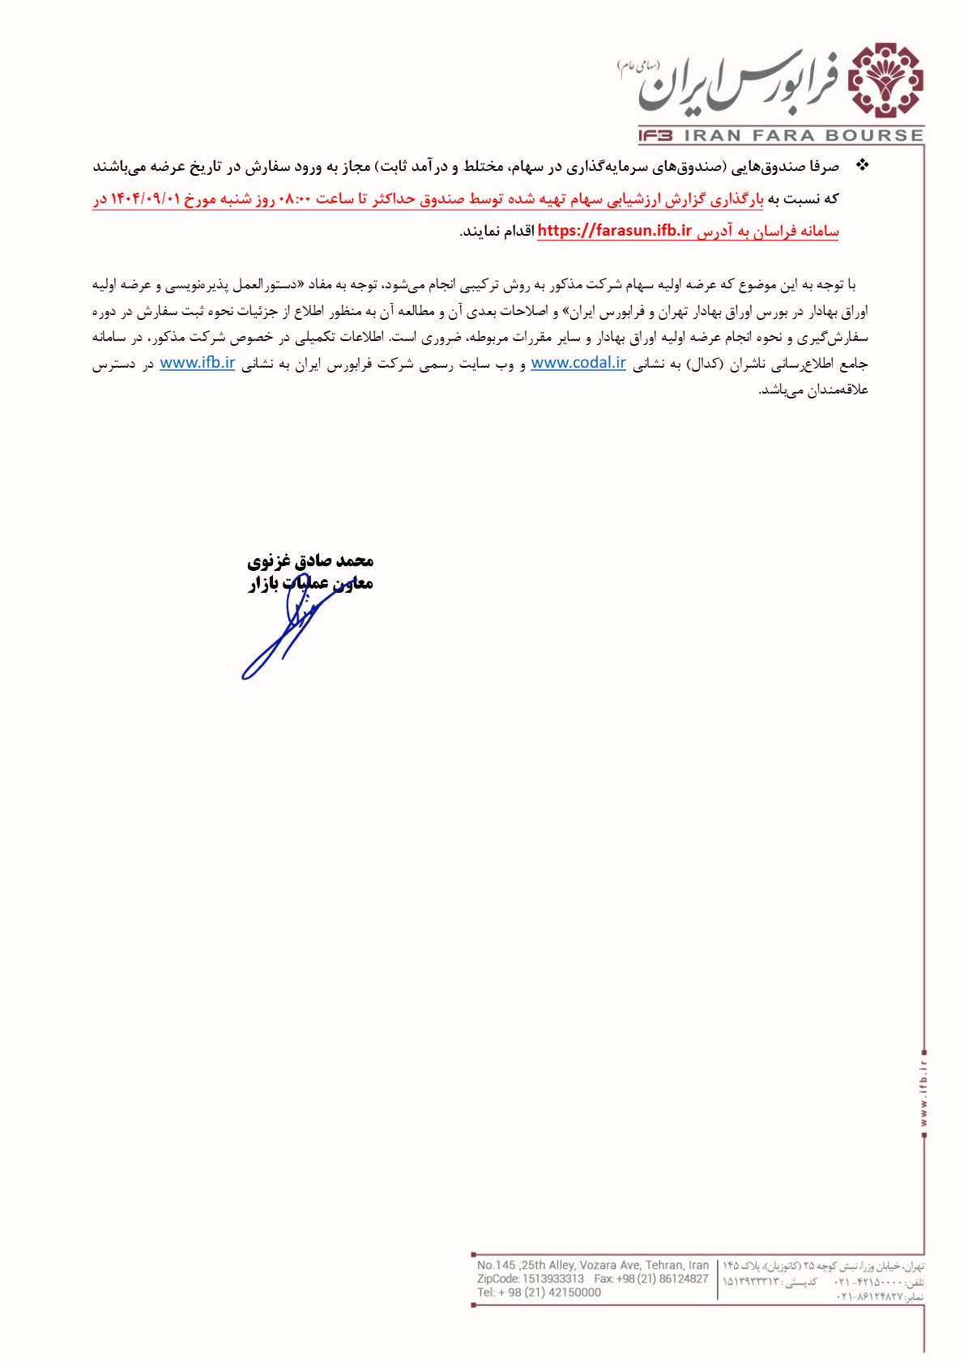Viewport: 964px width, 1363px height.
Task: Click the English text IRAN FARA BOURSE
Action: [x=804, y=136]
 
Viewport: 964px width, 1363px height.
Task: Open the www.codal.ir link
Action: [x=578, y=363]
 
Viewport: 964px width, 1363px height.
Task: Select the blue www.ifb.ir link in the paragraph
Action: [x=198, y=363]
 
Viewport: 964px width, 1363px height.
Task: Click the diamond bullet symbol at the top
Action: [x=862, y=165]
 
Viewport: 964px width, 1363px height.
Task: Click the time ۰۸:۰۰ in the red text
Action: [x=296, y=199]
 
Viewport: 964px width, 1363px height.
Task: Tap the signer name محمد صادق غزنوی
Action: [x=310, y=560]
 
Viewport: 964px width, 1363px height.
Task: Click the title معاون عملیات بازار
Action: [x=310, y=583]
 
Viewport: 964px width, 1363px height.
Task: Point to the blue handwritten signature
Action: [x=284, y=636]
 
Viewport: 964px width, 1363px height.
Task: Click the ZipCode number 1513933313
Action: [x=552, y=1279]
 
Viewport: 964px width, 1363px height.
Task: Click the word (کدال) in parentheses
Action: [x=700, y=364]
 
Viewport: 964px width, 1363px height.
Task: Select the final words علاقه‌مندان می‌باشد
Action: [x=813, y=390]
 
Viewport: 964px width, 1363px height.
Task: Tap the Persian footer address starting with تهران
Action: [x=823, y=1266]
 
